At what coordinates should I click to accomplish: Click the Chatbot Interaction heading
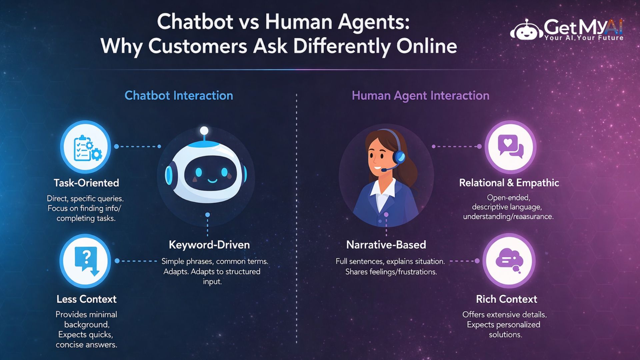[179, 96]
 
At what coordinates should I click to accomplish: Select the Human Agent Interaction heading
[421, 96]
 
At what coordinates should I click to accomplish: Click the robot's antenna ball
[204, 130]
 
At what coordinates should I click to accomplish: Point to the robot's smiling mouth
[212, 181]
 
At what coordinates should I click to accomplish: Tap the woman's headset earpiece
[399, 156]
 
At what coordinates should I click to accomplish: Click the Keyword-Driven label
[209, 245]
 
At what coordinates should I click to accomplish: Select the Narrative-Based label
[386, 245]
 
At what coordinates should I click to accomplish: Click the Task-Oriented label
[86, 183]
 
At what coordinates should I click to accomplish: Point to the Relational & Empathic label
[509, 183]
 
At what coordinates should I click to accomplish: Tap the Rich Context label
[506, 299]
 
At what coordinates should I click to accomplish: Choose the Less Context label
[86, 299]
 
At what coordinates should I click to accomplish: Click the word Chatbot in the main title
[195, 22]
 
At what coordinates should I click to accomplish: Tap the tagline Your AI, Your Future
[584, 38]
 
